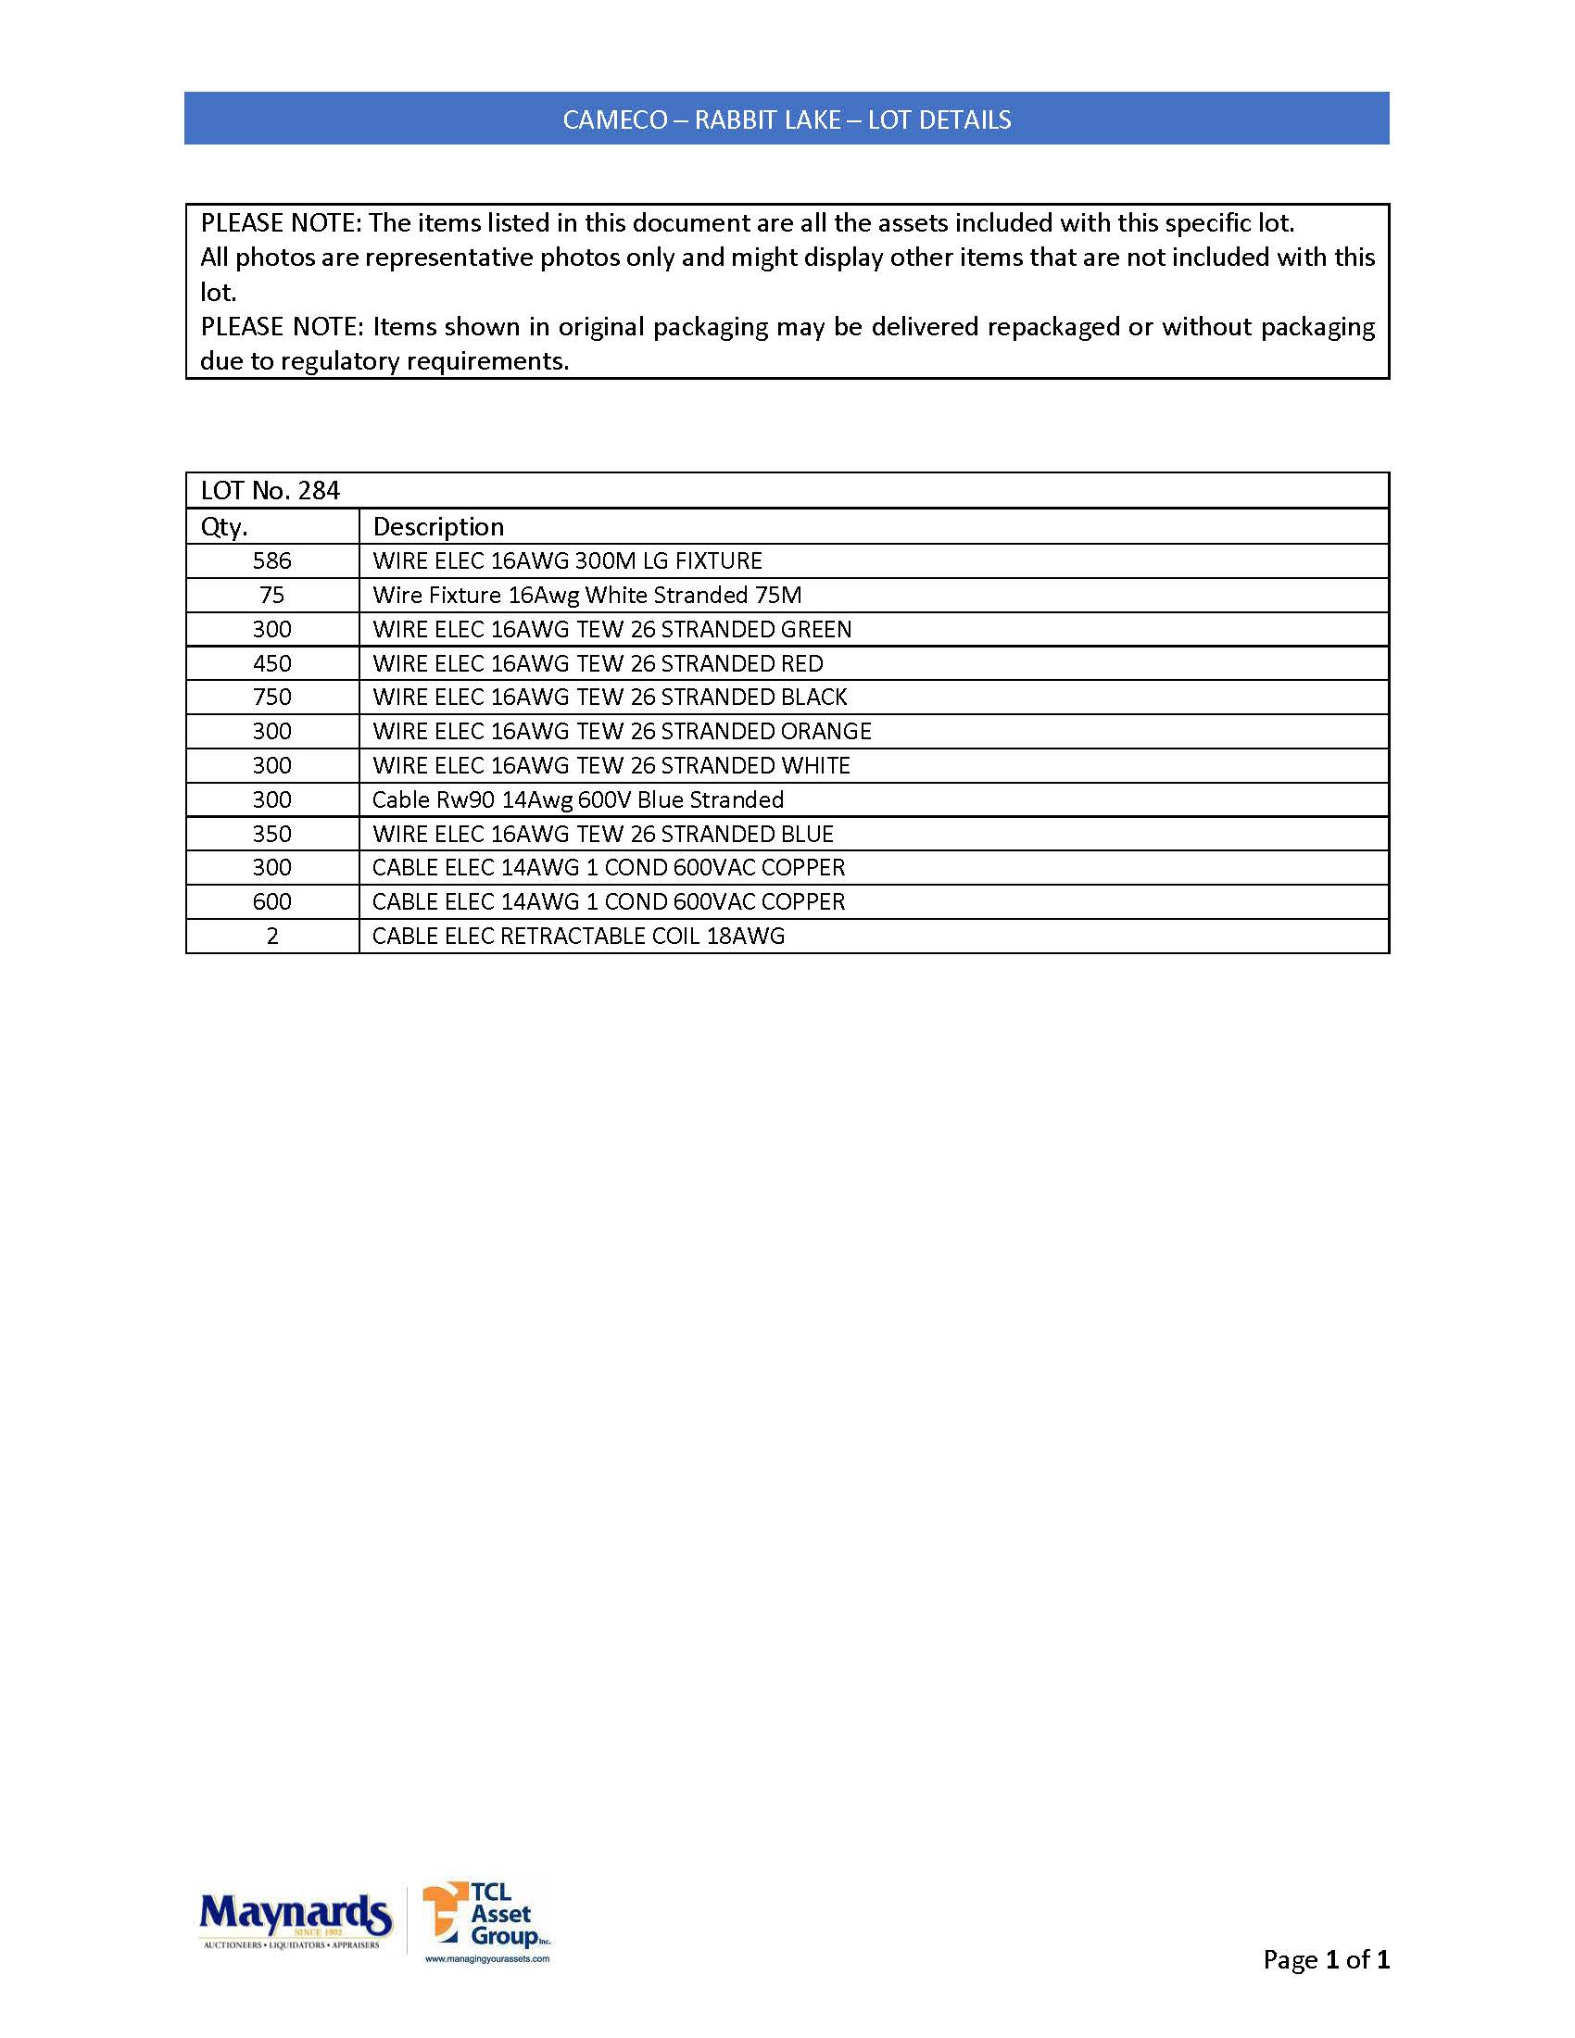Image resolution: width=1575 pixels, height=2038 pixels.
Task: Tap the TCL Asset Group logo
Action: pos(486,1916)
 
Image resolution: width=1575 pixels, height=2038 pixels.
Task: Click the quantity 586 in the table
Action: pos(271,560)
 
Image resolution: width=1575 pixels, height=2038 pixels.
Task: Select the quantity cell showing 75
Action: pos(271,596)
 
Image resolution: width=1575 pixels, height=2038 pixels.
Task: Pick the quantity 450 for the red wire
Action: pos(271,663)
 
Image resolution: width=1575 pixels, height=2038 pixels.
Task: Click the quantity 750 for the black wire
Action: pos(271,697)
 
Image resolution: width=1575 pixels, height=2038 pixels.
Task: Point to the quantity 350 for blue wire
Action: pos(271,835)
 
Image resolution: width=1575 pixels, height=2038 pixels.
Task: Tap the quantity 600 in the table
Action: pos(271,902)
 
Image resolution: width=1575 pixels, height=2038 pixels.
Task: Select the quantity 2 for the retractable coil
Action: pos(271,936)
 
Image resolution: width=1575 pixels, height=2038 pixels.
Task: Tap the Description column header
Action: pos(437,527)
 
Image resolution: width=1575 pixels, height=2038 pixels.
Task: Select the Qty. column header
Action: pos(224,527)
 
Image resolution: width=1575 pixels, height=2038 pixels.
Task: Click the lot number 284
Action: pos(319,491)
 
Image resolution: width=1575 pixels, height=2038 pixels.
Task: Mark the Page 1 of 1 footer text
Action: pos(1326,1959)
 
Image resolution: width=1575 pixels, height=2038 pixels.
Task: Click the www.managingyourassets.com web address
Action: pos(487,1959)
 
